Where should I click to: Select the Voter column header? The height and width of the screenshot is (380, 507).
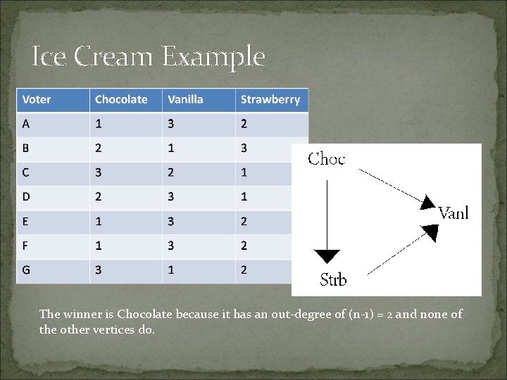37,99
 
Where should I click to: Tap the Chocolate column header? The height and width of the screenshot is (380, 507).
121,99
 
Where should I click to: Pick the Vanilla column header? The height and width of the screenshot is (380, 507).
185,99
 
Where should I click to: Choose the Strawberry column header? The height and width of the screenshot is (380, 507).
270,99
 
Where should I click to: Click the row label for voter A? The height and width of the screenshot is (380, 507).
26,123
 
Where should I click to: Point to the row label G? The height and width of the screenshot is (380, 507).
27,270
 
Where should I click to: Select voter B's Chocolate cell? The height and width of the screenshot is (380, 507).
99,148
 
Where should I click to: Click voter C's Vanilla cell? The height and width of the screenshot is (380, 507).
171,172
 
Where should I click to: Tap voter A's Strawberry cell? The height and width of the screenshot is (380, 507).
244,123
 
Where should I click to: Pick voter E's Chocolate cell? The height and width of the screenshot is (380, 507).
99,221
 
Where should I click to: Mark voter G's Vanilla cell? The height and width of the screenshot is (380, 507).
171,270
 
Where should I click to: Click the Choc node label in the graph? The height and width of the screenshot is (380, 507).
327,159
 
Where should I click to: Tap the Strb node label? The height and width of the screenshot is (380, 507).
333,279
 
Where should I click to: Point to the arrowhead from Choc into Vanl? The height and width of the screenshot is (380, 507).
427,203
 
